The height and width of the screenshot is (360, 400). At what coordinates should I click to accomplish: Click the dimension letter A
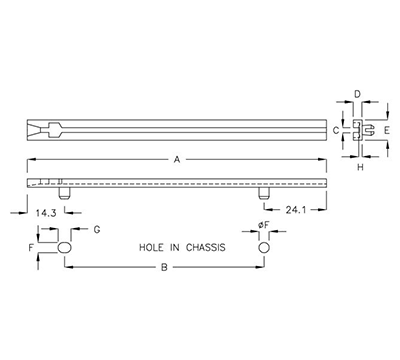[x=178, y=158]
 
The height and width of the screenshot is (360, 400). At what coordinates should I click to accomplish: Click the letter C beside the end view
[x=336, y=130]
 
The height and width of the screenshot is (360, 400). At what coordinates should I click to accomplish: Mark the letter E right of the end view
[x=385, y=131]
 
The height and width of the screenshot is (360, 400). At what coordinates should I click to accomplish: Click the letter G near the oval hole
[x=97, y=230]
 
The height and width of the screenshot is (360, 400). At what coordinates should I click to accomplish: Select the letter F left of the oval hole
[x=31, y=246]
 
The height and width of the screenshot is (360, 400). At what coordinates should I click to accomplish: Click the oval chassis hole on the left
[x=65, y=246]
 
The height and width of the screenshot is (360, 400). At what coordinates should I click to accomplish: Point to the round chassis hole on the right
[x=264, y=246]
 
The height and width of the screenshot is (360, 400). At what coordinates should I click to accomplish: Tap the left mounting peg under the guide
[x=65, y=191]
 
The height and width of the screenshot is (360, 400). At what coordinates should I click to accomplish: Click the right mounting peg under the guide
[x=264, y=191]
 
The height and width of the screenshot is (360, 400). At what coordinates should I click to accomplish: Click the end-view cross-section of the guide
[x=358, y=130]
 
